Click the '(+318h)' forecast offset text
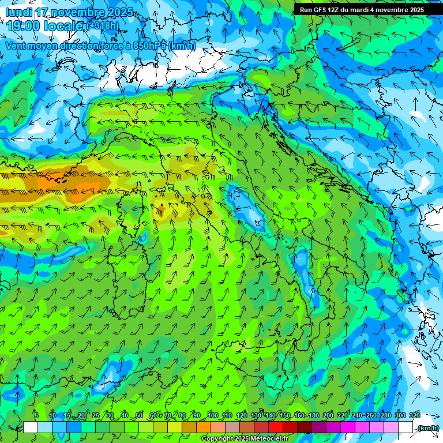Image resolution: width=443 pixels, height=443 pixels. [x=104, y=26]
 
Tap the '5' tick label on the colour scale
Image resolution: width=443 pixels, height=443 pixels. [x=36, y=415]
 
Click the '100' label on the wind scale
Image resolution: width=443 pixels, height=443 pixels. [x=212, y=415]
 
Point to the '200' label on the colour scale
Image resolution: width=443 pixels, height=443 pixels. [x=328, y=415]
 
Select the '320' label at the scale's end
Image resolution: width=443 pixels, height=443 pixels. [x=415, y=415]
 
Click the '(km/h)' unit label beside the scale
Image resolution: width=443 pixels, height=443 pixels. [x=428, y=428]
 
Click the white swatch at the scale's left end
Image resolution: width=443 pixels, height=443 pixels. [x=31, y=427]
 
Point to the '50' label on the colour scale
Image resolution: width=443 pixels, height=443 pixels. [x=139, y=415]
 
